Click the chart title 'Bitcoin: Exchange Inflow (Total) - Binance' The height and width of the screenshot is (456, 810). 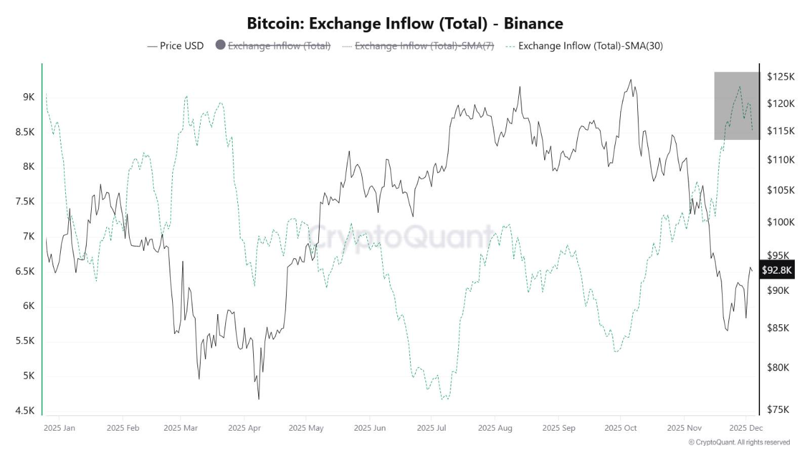(x=404, y=23)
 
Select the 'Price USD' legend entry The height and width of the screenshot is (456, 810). (x=175, y=46)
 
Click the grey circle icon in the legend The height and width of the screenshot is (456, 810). (x=220, y=46)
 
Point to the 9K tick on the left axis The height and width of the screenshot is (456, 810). (x=29, y=97)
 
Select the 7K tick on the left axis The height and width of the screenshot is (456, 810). (x=29, y=236)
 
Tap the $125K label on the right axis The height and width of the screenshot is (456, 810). (x=780, y=77)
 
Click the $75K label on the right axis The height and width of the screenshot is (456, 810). (x=778, y=410)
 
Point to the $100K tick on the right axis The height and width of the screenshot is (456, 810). (x=780, y=222)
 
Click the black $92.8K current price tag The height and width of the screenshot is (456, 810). (x=776, y=270)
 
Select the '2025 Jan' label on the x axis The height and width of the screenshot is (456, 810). (x=59, y=428)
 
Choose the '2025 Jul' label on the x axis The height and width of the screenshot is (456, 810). (x=432, y=428)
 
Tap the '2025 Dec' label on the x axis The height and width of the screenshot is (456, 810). (x=746, y=428)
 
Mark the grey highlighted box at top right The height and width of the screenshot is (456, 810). (x=736, y=105)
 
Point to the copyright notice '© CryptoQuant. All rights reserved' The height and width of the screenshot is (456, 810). (x=739, y=442)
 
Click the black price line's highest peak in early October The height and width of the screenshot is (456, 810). (x=630, y=80)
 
